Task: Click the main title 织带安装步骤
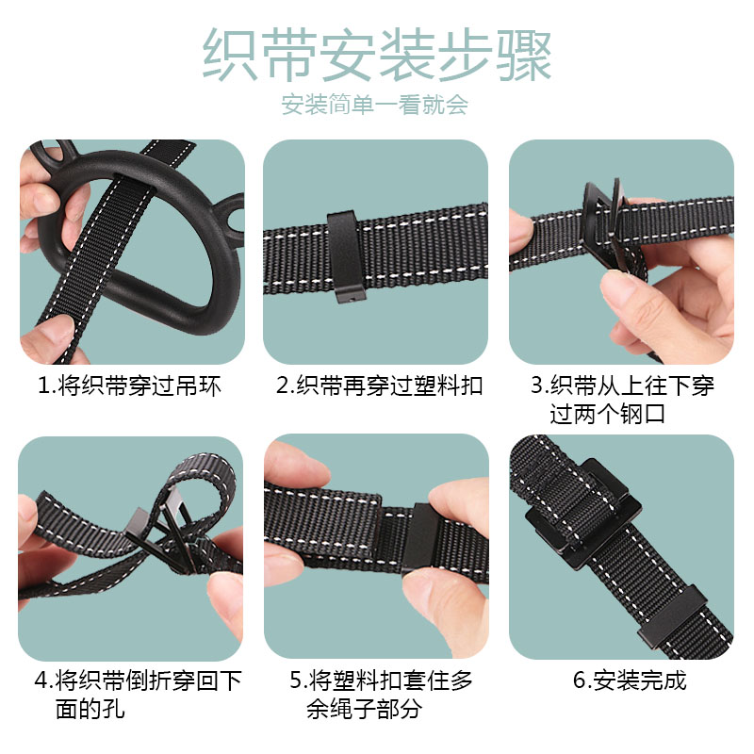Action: pos(376,55)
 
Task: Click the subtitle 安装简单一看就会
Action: pos(374,105)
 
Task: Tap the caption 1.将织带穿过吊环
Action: pos(129,385)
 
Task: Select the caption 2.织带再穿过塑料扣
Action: pos(380,385)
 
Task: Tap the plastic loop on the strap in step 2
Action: pos(345,257)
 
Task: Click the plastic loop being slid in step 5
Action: pos(419,538)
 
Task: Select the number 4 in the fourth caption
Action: pos(41,680)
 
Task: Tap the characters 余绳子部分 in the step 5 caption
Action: pos(365,709)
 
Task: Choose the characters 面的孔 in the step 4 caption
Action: pos(90,709)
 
